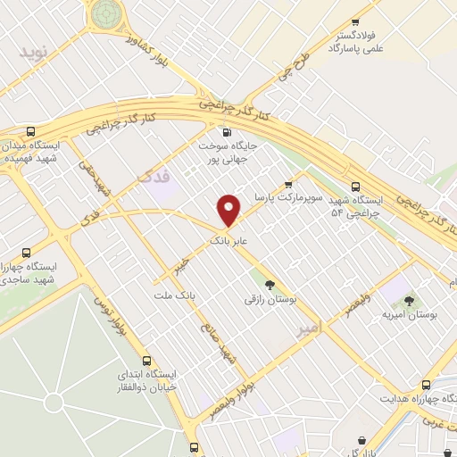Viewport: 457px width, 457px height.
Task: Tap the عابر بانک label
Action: tap(228, 241)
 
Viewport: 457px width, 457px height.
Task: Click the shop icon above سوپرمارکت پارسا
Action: tap(287, 185)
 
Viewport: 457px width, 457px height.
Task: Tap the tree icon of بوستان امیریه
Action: tap(410, 301)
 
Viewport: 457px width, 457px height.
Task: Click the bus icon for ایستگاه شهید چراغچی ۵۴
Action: tap(356, 187)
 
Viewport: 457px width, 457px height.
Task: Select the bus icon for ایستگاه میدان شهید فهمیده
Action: tap(32, 130)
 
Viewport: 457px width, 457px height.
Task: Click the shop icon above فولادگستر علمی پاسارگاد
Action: tap(356, 21)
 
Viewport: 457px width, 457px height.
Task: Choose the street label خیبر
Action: tap(181, 265)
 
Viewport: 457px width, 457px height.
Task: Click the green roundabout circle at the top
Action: tap(105, 12)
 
